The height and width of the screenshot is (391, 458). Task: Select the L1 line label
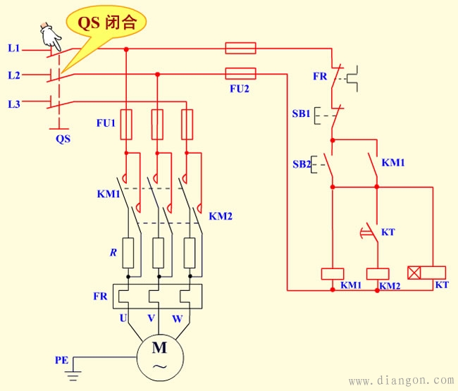[14, 49]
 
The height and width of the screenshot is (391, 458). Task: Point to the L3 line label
[14, 104]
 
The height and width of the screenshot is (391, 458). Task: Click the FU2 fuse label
[240, 90]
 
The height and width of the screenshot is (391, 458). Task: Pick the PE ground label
[61, 360]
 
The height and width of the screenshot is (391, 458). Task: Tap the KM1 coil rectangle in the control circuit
[331, 273]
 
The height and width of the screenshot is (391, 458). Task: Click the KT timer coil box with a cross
[427, 272]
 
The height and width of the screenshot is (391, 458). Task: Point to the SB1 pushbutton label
[302, 113]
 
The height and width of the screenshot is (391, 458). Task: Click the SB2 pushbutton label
[302, 165]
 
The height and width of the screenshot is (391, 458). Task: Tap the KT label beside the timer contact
[388, 231]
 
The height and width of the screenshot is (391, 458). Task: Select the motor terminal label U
[123, 318]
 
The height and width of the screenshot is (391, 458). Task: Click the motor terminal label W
[177, 318]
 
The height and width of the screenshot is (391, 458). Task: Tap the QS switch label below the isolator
[63, 139]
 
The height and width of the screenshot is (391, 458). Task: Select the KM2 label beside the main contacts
[221, 216]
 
